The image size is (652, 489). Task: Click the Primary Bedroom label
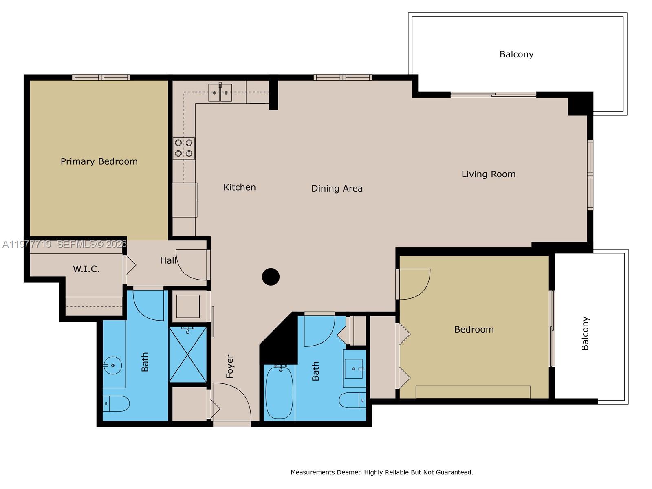click(99, 161)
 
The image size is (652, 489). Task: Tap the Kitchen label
click(240, 187)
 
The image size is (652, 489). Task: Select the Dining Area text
click(337, 188)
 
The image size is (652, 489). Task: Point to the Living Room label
click(488, 174)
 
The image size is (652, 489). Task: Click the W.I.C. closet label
click(86, 269)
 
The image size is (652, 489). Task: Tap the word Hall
click(168, 260)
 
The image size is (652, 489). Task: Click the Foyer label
click(230, 366)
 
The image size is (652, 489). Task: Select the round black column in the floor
click(271, 277)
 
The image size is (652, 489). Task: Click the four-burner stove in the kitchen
click(184, 148)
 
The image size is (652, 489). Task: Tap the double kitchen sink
click(220, 93)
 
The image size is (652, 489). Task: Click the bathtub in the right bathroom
click(279, 392)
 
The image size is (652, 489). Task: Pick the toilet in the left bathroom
click(116, 403)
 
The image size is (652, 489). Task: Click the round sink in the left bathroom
click(112, 366)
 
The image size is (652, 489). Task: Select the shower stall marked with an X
click(188, 355)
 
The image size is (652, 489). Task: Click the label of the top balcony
click(516, 54)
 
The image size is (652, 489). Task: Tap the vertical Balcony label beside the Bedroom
click(585, 333)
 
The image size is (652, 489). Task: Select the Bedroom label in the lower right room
click(474, 329)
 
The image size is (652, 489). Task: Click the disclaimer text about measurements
click(382, 472)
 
